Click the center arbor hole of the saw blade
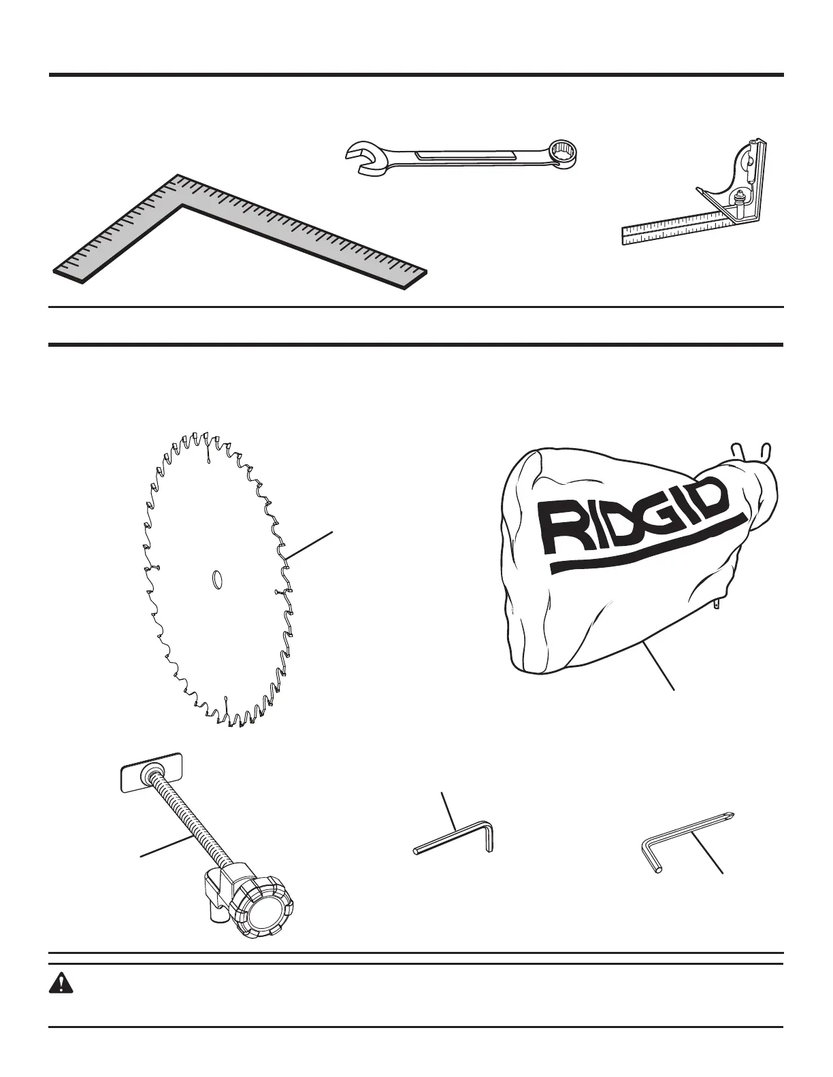[217, 579]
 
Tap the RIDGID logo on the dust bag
[633, 520]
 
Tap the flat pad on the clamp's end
[151, 771]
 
